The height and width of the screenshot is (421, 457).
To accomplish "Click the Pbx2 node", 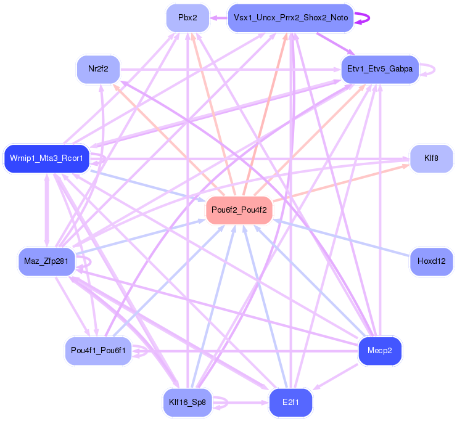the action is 187,18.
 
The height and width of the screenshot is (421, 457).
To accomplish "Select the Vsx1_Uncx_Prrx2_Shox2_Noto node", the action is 290,18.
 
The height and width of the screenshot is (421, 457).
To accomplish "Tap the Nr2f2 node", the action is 98,68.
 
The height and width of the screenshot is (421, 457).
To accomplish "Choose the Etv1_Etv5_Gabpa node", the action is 380,69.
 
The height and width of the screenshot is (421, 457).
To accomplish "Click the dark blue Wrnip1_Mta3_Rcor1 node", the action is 47,159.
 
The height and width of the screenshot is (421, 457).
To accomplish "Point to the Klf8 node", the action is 431,158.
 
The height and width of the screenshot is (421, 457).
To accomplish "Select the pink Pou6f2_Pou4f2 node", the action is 239,210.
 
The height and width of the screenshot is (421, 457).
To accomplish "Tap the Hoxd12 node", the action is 431,261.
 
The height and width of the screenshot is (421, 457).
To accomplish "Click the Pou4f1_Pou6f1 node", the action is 98,351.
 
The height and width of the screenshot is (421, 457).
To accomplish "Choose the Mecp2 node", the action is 380,351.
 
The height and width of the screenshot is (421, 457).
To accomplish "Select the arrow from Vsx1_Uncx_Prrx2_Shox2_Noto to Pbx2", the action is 219,18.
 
